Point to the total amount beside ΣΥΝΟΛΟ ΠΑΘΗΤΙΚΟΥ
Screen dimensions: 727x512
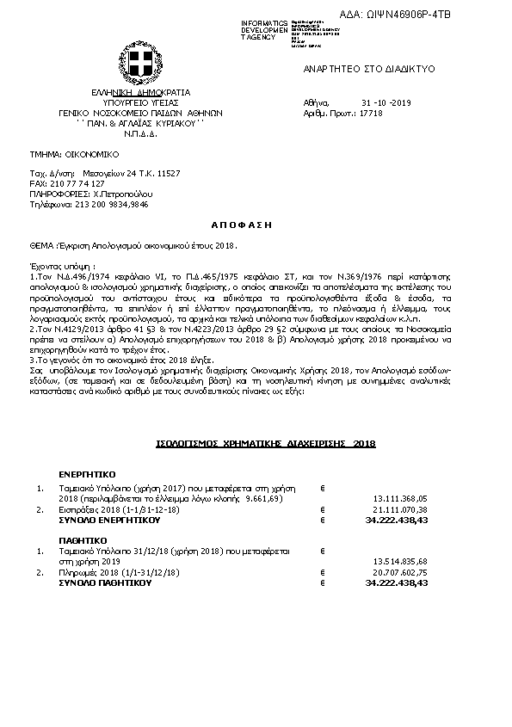pos(397,582)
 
